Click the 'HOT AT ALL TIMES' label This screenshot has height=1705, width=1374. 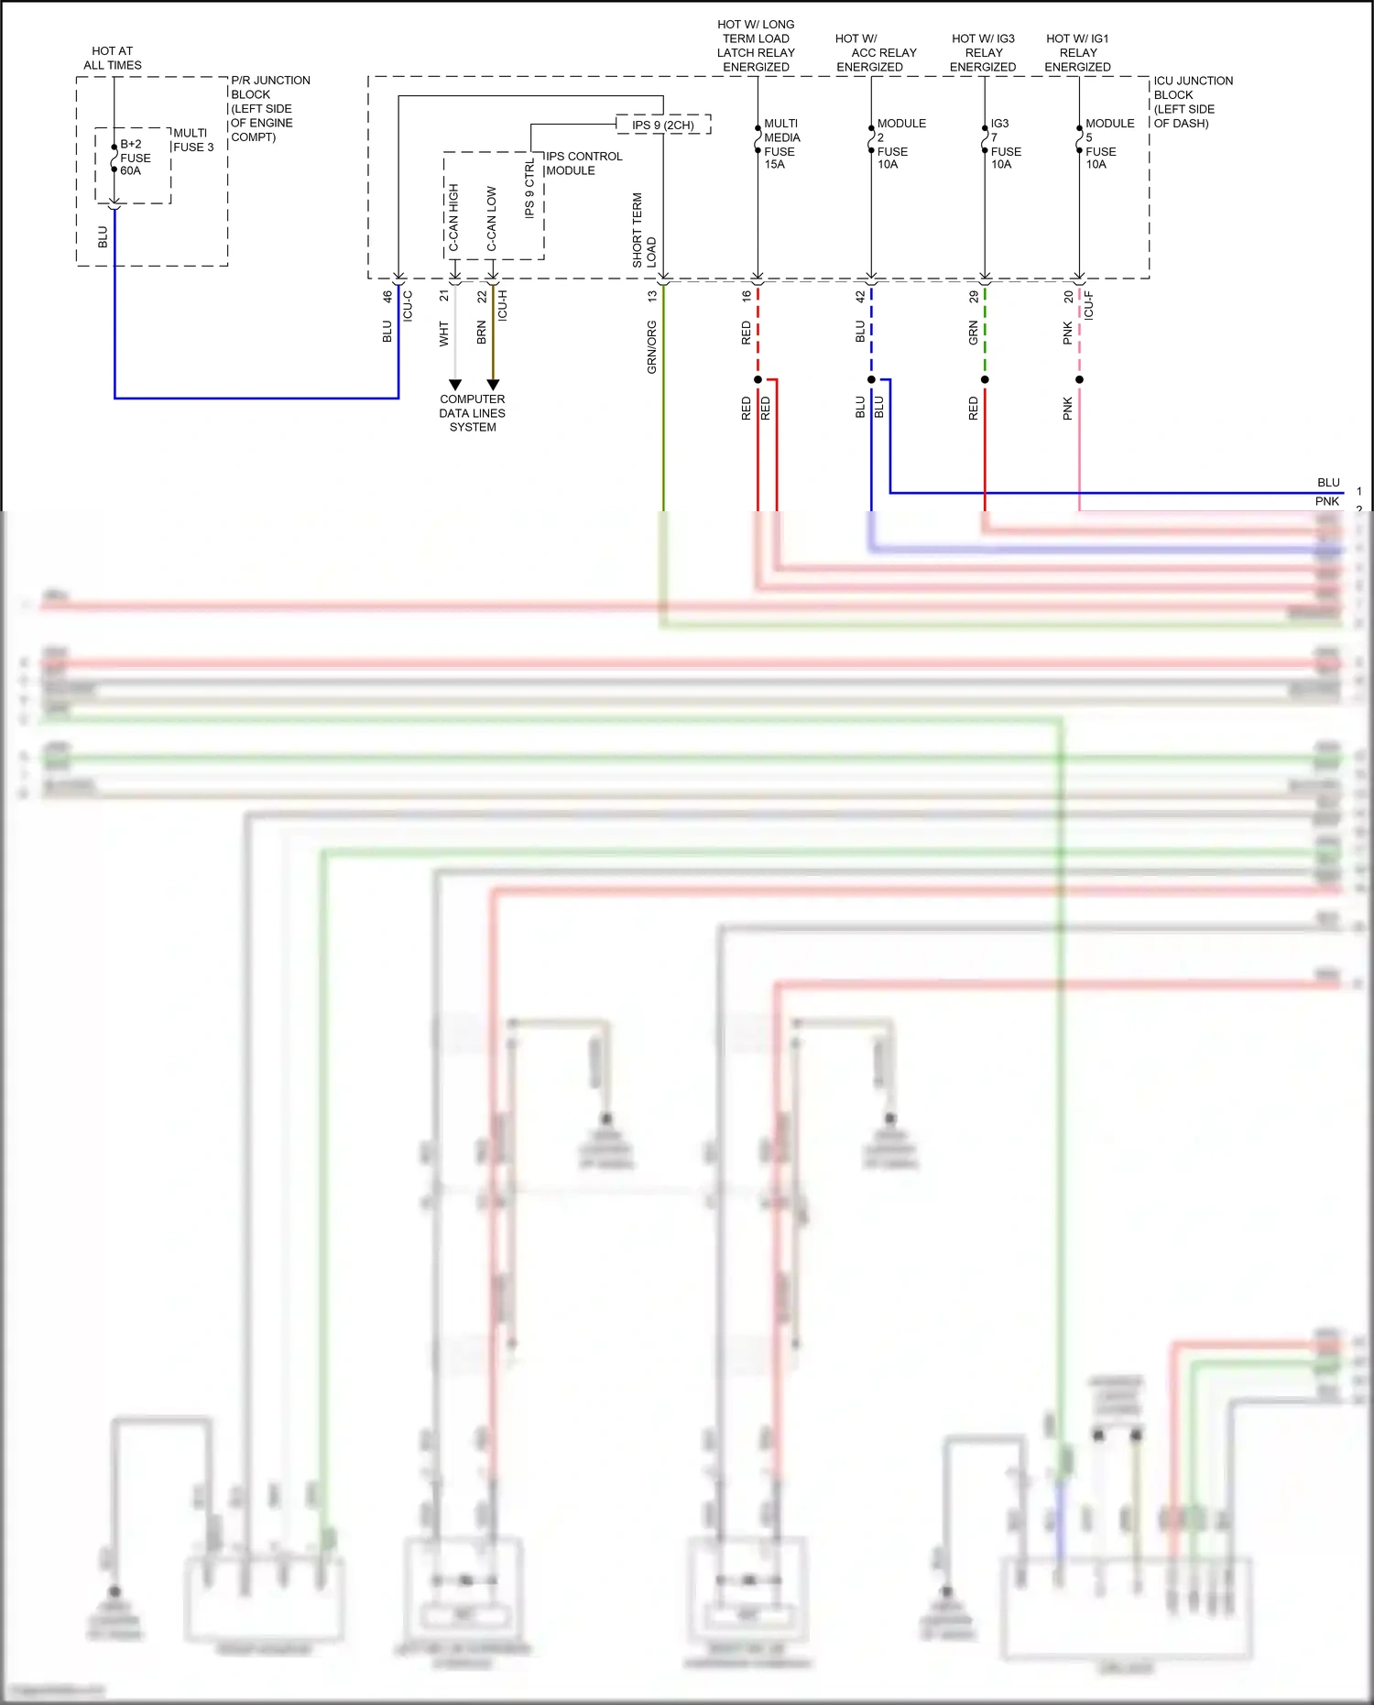(x=113, y=58)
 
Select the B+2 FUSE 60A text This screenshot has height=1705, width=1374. (x=135, y=158)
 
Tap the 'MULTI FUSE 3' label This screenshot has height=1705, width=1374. (x=192, y=140)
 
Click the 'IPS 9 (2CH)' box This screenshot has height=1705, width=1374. (x=663, y=125)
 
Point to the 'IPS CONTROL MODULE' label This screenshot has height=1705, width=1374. (x=583, y=163)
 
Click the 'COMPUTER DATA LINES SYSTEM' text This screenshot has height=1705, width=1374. (x=473, y=413)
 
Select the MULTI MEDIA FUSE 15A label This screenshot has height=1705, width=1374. (x=781, y=144)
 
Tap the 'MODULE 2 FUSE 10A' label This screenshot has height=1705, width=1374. (x=900, y=144)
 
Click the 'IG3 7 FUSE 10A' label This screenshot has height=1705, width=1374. (x=1005, y=144)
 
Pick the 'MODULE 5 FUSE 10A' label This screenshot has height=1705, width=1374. (x=1108, y=144)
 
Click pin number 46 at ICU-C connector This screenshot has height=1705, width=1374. (x=387, y=297)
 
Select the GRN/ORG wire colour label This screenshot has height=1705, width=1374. (x=651, y=347)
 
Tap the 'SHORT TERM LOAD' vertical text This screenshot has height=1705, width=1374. (x=643, y=231)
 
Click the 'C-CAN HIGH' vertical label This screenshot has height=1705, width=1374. (x=453, y=217)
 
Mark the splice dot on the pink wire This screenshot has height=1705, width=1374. (x=1079, y=379)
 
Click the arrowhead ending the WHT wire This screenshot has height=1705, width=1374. (x=455, y=385)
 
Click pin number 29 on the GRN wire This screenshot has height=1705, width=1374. (x=973, y=297)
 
